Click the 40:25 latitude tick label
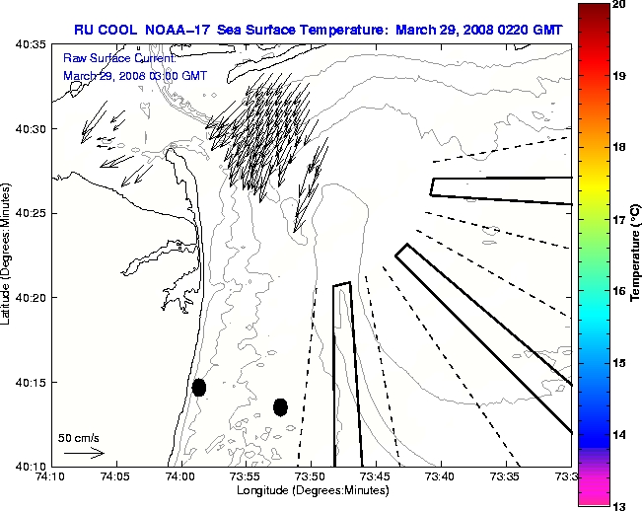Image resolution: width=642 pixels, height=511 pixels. (x=31, y=213)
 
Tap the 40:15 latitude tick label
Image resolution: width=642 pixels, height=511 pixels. (x=31, y=382)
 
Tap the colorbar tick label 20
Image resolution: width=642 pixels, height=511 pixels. (x=619, y=5)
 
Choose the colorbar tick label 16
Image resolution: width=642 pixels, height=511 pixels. (x=619, y=291)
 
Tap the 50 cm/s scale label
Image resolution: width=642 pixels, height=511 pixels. (x=79, y=437)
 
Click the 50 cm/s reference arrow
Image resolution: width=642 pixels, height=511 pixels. (x=84, y=454)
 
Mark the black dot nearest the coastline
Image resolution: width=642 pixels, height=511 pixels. (x=199, y=387)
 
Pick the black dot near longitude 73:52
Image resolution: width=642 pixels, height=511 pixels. (x=280, y=406)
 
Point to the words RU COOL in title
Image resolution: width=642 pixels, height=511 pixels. (x=102, y=30)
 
